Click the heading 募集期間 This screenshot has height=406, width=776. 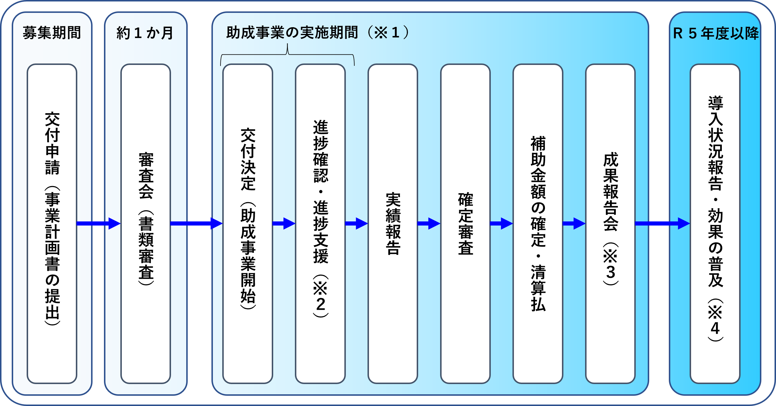point(52,33)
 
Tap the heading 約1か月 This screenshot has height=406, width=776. point(145,33)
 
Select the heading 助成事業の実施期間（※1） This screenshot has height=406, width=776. point(317,32)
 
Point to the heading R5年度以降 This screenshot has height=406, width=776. point(716,33)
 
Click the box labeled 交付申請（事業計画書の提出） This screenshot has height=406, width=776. point(52,223)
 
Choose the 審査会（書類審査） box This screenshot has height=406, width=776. point(146,223)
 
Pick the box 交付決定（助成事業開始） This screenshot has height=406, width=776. point(248,223)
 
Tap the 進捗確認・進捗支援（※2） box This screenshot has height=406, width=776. point(320,223)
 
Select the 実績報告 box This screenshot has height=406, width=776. point(393,223)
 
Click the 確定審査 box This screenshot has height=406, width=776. point(465,223)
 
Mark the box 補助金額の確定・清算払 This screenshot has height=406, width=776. point(538,223)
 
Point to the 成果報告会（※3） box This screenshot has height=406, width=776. point(611,223)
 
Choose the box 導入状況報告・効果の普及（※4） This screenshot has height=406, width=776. point(715,223)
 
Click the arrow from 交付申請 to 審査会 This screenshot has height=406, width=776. point(99,223)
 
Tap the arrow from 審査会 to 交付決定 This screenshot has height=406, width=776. point(196,223)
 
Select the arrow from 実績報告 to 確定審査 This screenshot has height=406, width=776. point(429,223)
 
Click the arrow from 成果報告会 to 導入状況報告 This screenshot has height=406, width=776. point(662,223)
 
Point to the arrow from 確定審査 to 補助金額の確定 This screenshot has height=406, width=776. point(502,223)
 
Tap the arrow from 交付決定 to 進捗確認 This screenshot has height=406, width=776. point(284,223)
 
